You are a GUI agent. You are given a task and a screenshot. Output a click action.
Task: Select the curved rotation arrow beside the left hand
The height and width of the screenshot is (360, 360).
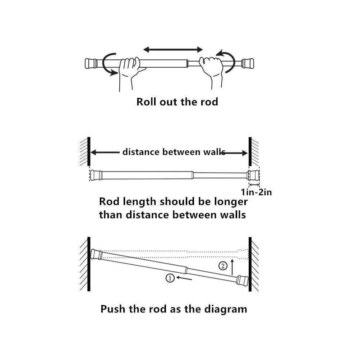pyautogui.click(x=107, y=64)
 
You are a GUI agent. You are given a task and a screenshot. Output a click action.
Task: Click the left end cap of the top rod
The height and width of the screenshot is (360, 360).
pyautogui.click(x=90, y=64)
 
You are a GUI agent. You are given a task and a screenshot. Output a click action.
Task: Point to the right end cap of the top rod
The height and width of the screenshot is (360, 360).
pyautogui.click(x=248, y=63)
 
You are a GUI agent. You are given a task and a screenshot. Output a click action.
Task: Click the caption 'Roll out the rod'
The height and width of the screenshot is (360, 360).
pyautogui.click(x=177, y=102)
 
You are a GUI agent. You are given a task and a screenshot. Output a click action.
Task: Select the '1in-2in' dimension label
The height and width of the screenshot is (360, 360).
pyautogui.click(x=256, y=192)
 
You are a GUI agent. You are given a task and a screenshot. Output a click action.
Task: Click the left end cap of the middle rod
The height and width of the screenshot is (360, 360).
pyautogui.click(x=95, y=175)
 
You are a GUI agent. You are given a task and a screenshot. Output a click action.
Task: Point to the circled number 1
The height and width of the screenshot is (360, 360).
pyautogui.click(x=170, y=278)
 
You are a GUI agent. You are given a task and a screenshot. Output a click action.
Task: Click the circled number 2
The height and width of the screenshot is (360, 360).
pyautogui.click(x=223, y=266)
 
